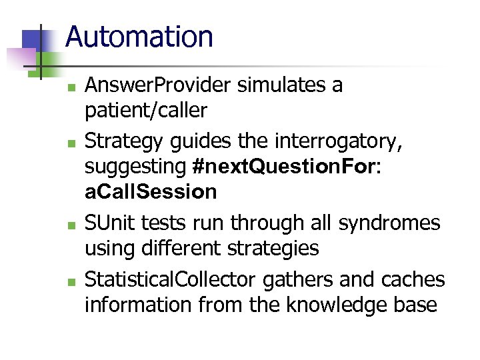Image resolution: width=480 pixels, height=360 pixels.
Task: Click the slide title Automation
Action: (139, 37)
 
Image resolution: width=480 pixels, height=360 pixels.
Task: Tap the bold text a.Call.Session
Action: (151, 192)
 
